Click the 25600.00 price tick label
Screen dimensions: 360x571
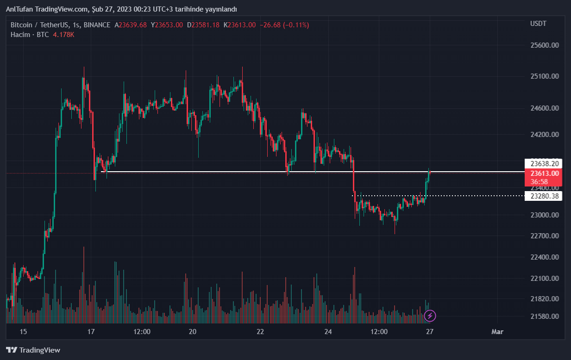tap(544, 45)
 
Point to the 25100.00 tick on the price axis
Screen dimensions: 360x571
tap(544, 76)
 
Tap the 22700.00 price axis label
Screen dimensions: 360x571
tap(544, 236)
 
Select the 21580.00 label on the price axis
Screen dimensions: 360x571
tap(544, 317)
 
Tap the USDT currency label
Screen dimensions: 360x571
tap(538, 24)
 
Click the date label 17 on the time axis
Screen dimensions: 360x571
tap(91, 332)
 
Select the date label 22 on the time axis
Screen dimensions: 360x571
tap(260, 332)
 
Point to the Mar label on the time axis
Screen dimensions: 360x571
tap(497, 332)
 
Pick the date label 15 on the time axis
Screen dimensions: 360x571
tap(24, 332)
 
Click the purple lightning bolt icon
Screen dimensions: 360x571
tap(430, 316)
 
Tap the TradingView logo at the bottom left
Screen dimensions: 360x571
tap(33, 350)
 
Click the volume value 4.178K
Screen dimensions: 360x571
tap(63, 35)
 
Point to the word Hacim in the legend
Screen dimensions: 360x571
tap(20, 35)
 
